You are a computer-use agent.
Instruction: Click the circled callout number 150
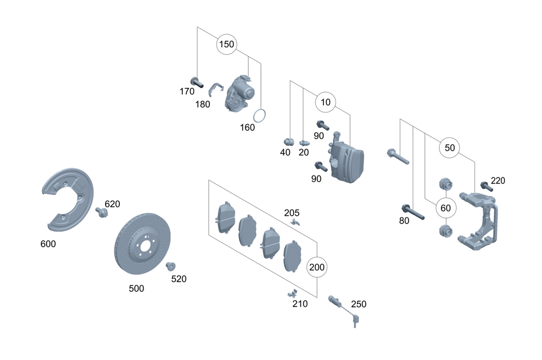pos(227,44)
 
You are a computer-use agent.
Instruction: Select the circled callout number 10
pos(326,101)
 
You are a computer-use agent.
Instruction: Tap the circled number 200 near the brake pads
pos(318,267)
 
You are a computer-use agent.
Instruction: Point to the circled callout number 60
pos(446,207)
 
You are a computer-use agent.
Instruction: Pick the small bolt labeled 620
pos(101,211)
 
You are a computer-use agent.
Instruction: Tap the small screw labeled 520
pos(170,266)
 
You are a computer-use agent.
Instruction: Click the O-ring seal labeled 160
pos(260,115)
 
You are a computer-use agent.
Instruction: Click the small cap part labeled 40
pos(289,141)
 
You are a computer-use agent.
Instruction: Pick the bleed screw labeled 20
pos(303,143)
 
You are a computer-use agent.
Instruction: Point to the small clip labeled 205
pos(295,221)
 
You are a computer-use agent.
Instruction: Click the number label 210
pos(300,304)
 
